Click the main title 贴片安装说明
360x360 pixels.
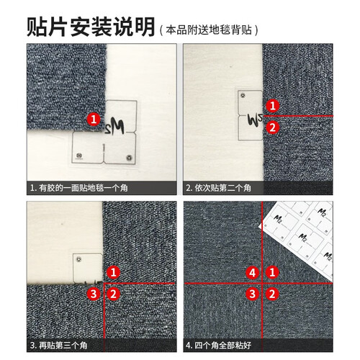(x=91, y=27)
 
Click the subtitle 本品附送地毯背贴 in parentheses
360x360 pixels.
(x=209, y=30)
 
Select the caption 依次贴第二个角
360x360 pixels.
(x=222, y=188)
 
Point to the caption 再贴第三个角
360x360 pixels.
(x=63, y=346)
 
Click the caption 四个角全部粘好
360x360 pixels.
(x=222, y=346)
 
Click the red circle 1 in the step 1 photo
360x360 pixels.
(x=94, y=119)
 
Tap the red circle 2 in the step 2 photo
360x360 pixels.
(x=272, y=127)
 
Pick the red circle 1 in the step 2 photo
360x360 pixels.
(x=272, y=106)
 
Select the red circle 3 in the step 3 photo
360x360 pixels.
(x=94, y=294)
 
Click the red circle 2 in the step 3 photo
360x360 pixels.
(x=113, y=294)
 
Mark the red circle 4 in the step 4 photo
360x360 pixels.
(x=252, y=273)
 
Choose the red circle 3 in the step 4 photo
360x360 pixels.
(x=252, y=294)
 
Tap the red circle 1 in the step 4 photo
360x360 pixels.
(x=272, y=273)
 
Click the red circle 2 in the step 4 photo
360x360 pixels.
(x=272, y=294)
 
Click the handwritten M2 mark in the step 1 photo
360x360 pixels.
(x=114, y=126)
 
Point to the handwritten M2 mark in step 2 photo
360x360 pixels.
(x=254, y=120)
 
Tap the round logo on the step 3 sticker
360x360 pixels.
(x=78, y=259)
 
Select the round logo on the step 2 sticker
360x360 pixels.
(x=243, y=96)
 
